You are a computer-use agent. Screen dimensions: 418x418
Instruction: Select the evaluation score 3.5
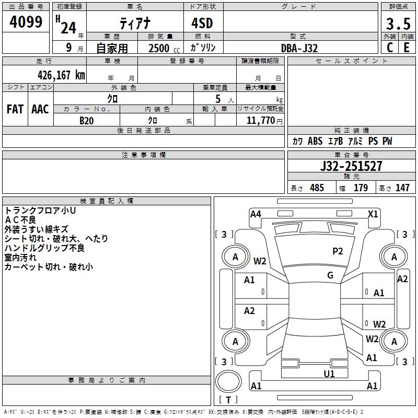pos(398,24)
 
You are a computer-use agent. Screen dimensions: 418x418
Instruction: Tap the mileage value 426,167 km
pos(61,74)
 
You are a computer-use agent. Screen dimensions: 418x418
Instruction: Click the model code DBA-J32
pos(299,48)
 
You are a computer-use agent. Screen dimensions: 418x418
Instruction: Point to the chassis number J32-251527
pos(351,166)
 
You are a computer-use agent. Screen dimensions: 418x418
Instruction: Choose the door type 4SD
pos(203,24)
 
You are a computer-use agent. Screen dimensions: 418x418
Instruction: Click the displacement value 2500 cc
pos(162,48)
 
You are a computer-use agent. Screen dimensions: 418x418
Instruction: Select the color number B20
pos(87,121)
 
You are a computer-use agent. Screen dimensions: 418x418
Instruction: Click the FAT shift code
pos(15,109)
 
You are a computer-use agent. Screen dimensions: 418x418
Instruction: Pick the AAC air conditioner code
pos(40,109)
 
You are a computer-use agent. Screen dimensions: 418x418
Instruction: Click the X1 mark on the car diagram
pos(373,214)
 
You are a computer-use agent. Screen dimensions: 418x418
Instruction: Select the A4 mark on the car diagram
pos(256,214)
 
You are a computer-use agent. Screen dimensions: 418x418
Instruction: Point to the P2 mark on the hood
pos(338,251)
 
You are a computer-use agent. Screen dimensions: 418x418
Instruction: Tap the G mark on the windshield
pos(330,275)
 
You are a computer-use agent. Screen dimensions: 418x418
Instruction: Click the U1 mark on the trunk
pos(329,374)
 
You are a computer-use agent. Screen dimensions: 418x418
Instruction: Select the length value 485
pos(316,188)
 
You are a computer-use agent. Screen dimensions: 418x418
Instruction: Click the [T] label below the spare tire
pos(228,400)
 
